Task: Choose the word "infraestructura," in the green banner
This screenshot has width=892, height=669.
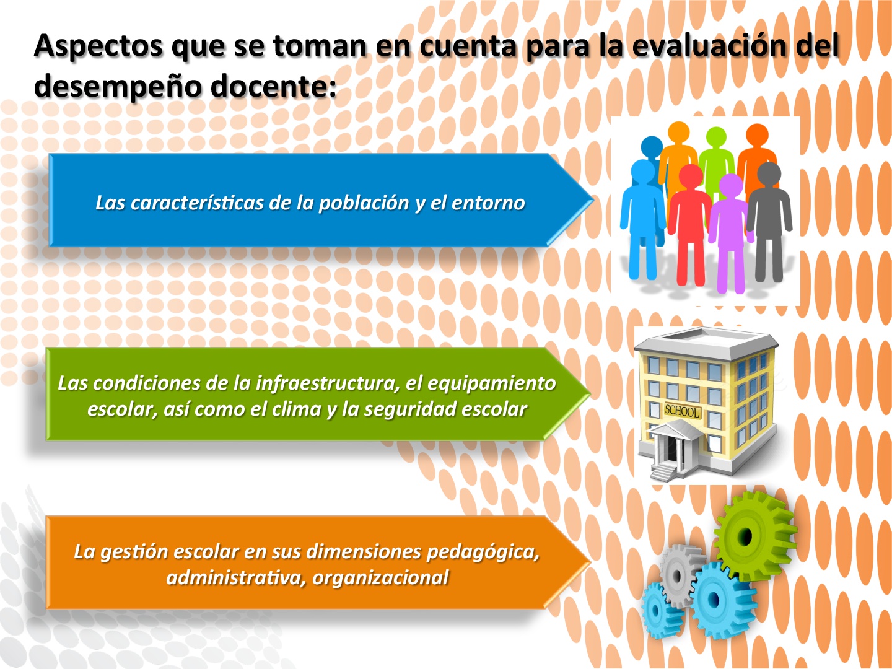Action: [x=328, y=383]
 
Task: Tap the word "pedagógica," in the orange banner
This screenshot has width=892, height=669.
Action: [x=483, y=552]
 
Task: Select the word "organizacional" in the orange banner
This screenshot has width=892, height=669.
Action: [x=380, y=577]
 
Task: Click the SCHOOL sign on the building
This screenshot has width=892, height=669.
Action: [x=682, y=411]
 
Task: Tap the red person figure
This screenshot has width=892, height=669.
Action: [x=689, y=224]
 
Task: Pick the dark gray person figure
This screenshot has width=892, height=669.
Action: [x=769, y=221]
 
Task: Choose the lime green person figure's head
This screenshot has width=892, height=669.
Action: [x=716, y=138]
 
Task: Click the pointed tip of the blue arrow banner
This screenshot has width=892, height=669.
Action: [x=593, y=200]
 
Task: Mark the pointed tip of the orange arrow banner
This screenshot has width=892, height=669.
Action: [x=590, y=562]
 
